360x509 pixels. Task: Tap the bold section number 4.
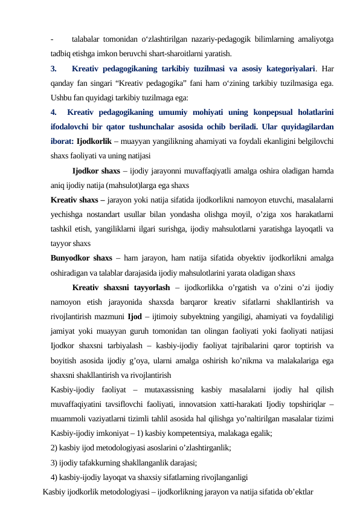click(54, 112)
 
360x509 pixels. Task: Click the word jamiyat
click(66, 331)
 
